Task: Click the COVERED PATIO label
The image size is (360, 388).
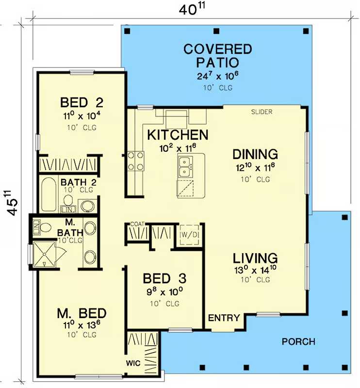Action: point(218,56)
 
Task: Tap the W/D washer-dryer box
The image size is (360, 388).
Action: point(189,235)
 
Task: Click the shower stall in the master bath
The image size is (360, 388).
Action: point(44,254)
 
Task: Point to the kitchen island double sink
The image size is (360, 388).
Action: point(185,166)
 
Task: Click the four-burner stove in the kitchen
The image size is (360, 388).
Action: point(135,161)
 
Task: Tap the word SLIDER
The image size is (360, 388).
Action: point(262,112)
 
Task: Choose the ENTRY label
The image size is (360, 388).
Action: point(224,318)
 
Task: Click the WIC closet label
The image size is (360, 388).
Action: point(133,363)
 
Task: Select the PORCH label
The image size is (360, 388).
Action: point(298,342)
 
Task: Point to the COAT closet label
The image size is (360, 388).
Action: point(137,224)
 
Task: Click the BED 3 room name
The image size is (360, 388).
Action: point(164,278)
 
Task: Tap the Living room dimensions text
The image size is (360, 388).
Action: point(255,270)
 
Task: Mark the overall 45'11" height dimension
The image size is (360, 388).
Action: point(11,203)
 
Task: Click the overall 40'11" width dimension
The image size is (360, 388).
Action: point(192,9)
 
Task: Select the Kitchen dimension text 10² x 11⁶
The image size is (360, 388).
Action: point(178,148)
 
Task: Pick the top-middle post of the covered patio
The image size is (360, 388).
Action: point(216,31)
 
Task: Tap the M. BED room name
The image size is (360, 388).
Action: point(82,313)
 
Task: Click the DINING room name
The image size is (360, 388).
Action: point(255,154)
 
